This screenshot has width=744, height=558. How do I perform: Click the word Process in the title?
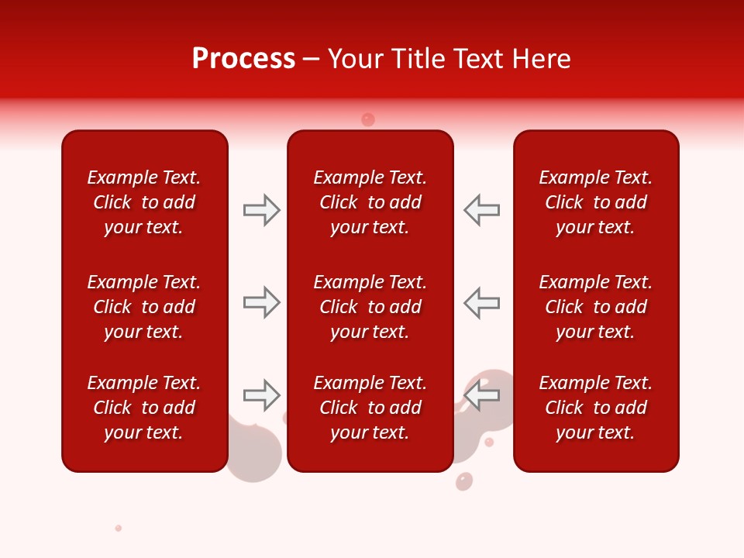243,59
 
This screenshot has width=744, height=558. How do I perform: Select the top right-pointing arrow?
261,210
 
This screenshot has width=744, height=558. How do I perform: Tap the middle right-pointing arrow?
261,302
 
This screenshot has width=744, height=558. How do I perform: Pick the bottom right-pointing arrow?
261,395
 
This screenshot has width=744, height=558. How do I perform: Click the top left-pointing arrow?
481,210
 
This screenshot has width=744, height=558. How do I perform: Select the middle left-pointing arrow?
481,302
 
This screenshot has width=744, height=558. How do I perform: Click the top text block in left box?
143,202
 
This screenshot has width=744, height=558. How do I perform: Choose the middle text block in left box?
143,307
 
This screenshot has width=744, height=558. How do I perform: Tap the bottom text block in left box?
143,408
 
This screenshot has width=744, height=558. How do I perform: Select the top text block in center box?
370,202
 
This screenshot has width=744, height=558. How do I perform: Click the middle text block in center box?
370,307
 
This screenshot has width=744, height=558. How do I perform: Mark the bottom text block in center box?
370,408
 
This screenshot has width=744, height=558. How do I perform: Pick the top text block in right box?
595,202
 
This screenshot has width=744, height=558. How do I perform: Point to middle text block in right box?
595,307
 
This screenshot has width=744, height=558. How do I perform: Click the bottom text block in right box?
595,408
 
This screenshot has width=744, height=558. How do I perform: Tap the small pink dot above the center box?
368,119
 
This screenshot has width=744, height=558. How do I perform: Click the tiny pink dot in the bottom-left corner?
119,528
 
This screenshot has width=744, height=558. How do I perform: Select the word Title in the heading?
418,59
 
